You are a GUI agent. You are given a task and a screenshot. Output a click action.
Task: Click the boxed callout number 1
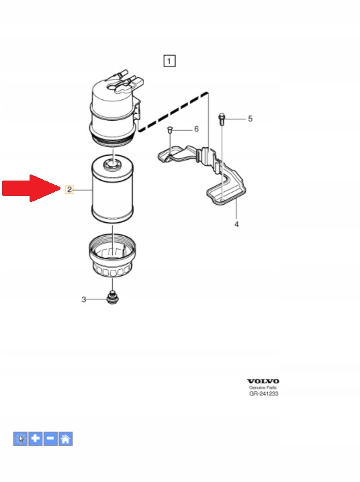(x=169, y=61)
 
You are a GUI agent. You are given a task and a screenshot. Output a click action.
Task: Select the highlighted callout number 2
(x=69, y=190)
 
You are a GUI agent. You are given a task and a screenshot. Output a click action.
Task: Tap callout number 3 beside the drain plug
(x=84, y=299)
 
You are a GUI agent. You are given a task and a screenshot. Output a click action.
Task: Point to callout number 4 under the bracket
(x=236, y=224)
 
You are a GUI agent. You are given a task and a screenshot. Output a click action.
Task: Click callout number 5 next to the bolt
(x=251, y=119)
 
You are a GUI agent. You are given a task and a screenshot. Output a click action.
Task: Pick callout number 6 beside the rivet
(x=196, y=129)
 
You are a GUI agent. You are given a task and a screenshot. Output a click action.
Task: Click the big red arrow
(x=32, y=188)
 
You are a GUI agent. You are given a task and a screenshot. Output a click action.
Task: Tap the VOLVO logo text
(x=263, y=381)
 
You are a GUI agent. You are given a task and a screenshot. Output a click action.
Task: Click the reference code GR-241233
(x=264, y=394)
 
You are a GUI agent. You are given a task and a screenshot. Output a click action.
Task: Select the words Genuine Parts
(x=263, y=387)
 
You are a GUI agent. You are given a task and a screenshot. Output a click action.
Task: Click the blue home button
(x=65, y=438)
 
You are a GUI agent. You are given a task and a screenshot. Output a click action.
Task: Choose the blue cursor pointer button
(x=20, y=438)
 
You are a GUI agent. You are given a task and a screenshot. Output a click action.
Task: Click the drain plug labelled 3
(x=112, y=297)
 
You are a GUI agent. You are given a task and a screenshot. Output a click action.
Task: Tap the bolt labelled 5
(x=222, y=119)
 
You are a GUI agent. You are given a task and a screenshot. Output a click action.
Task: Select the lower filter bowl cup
(x=112, y=255)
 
